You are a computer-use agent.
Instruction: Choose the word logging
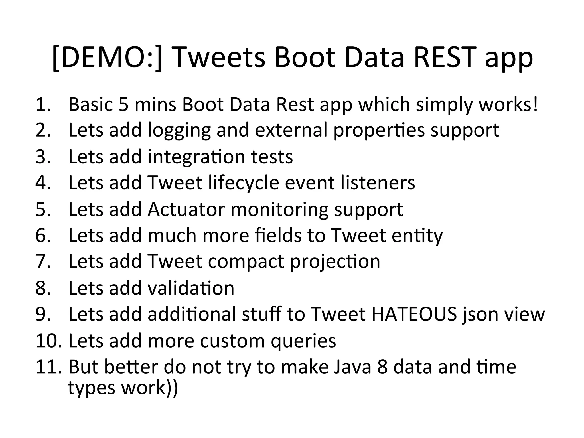click(x=179, y=131)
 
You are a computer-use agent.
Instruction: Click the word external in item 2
click(x=291, y=130)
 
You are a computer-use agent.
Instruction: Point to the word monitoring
click(x=279, y=210)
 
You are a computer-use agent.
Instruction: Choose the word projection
click(x=335, y=262)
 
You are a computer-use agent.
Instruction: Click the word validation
click(x=191, y=288)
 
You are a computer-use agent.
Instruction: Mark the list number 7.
click(x=43, y=261)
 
